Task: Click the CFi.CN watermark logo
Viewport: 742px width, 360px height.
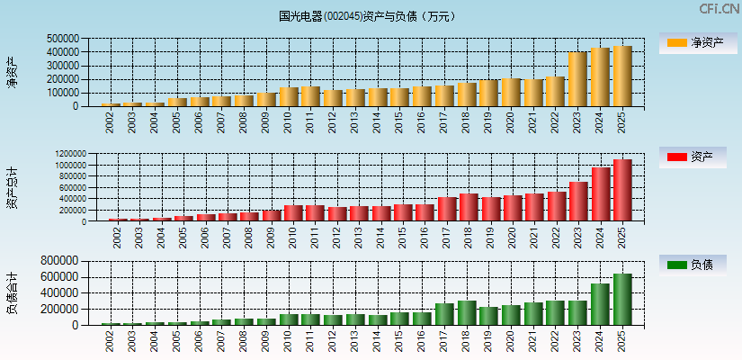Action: pos(719,9)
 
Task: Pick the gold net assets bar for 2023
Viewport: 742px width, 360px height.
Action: pos(577,79)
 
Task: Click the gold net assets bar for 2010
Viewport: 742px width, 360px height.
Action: pos(289,97)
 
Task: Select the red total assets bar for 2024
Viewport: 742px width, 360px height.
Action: pos(601,194)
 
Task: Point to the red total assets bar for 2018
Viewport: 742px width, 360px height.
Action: pos(468,208)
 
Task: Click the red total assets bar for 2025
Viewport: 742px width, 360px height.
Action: pos(622,191)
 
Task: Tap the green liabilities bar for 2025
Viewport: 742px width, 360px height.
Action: pos(622,300)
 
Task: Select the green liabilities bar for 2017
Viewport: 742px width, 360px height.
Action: pos(445,314)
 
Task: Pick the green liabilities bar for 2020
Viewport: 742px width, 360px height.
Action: pos(512,315)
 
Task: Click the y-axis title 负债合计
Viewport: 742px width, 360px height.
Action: pos(12,292)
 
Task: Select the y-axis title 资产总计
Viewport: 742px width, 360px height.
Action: pos(12,188)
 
